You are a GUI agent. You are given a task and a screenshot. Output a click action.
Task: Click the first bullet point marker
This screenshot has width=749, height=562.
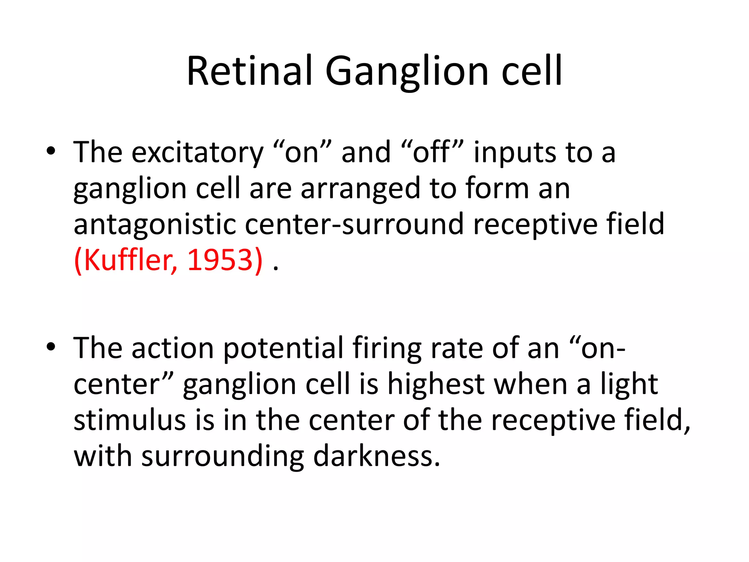pyautogui.click(x=51, y=151)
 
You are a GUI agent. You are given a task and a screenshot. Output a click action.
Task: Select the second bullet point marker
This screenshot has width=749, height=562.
pyautogui.click(x=51, y=347)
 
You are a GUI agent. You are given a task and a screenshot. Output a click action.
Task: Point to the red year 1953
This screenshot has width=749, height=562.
pyautogui.click(x=220, y=260)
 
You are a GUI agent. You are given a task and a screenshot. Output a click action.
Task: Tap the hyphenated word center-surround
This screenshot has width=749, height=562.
pyautogui.click(x=354, y=224)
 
